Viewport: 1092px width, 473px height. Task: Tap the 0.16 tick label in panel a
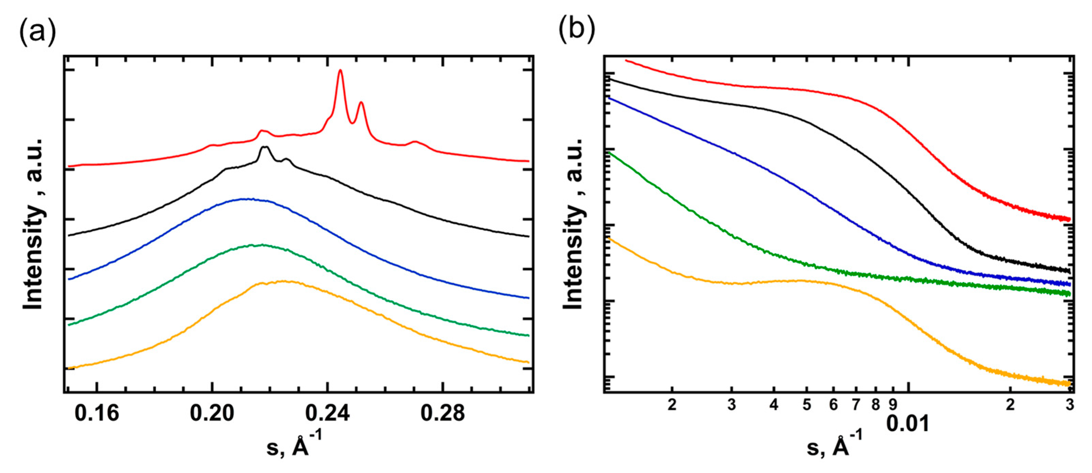pos(97,413)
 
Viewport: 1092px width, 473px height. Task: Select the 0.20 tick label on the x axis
pos(212,413)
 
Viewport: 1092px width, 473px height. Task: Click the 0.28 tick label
pos(443,413)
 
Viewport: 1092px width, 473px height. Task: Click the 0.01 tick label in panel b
pos(908,423)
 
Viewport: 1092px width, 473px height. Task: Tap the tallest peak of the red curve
pos(340,71)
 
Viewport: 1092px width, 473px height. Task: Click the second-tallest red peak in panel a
pos(361,103)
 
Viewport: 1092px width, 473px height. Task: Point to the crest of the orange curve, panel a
pos(282,281)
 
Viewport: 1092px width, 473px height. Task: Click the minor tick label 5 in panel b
pos(806,405)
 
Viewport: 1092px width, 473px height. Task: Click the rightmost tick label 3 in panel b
pos(1070,405)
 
